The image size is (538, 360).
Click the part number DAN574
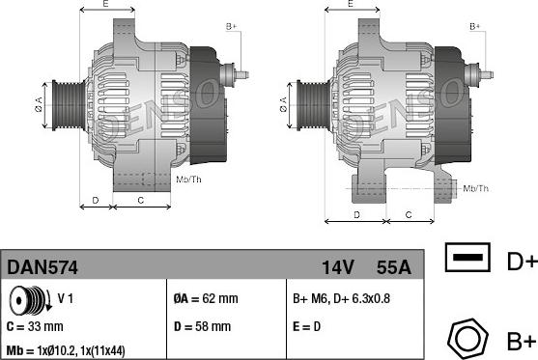[43, 265]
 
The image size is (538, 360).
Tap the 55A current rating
[392, 265]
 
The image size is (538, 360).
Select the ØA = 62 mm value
[206, 298]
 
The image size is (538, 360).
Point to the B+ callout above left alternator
[231, 26]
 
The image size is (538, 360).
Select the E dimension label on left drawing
[105, 6]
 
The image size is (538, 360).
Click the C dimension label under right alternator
[409, 213]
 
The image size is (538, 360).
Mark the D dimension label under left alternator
[94, 200]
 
